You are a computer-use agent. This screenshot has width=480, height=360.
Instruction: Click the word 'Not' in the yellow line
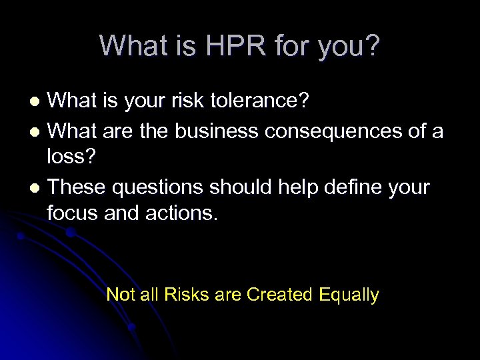(120, 295)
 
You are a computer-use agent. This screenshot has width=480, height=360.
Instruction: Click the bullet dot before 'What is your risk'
(38, 103)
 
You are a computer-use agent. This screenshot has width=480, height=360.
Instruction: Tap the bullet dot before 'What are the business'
(38, 131)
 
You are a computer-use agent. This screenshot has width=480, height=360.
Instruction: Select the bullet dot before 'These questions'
(38, 189)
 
